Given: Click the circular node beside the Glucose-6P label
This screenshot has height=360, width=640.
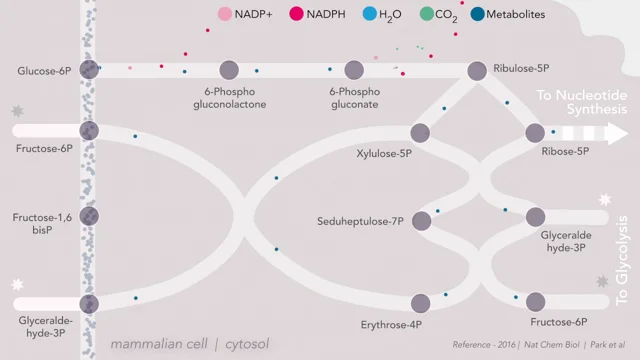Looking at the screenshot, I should click(89, 70).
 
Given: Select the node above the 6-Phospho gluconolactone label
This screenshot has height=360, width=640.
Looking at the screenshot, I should click(229, 70).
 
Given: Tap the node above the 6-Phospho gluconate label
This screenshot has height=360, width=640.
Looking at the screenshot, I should click(354, 70).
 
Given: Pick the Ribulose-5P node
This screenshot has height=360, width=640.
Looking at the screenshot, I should click(478, 70).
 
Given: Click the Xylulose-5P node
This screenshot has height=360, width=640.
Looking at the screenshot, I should click(420, 133).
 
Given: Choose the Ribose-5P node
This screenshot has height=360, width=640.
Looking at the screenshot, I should click(535, 133).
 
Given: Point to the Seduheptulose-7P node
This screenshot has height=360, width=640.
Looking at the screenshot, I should click(420, 218).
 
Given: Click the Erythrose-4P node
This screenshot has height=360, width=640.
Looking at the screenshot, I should click(420, 302).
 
